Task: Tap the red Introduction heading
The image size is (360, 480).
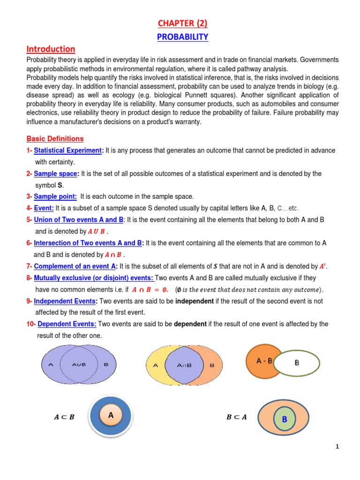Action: (51, 49)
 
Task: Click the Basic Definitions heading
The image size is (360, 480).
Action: (55, 139)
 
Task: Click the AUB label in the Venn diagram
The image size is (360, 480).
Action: (79, 364)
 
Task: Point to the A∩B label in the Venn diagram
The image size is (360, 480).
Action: (184, 365)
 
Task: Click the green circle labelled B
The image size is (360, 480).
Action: (284, 420)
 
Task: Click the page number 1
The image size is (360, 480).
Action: (337, 447)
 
